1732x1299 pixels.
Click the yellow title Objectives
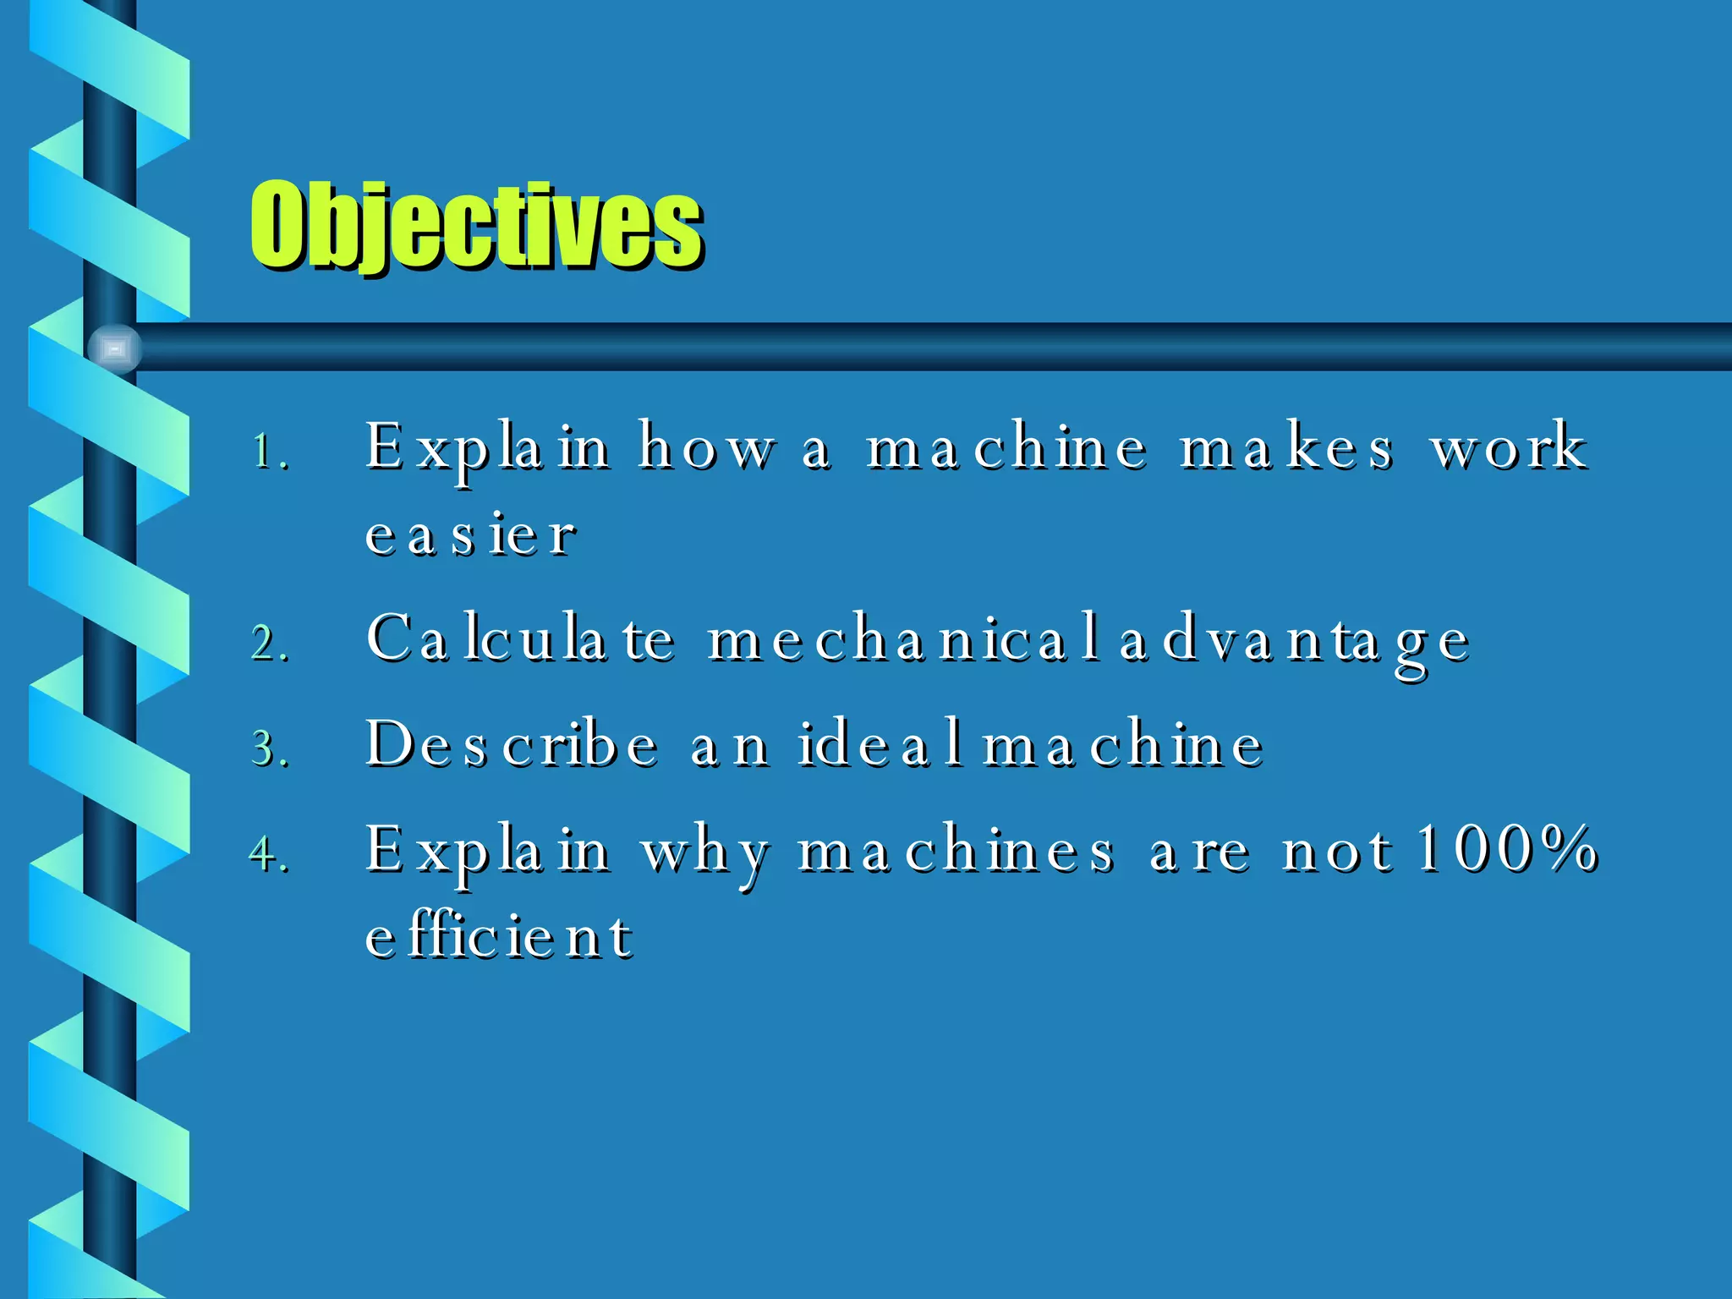coord(476,226)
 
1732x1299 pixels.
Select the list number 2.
coord(270,643)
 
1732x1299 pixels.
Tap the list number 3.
coord(270,749)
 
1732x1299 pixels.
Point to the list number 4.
coord(270,853)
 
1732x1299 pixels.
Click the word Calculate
coord(521,639)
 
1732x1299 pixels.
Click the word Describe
coord(512,744)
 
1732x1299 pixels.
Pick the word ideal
coord(880,744)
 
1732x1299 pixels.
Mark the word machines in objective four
coord(956,850)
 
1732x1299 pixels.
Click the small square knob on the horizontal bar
coord(115,348)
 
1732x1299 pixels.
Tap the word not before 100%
coord(1336,850)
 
